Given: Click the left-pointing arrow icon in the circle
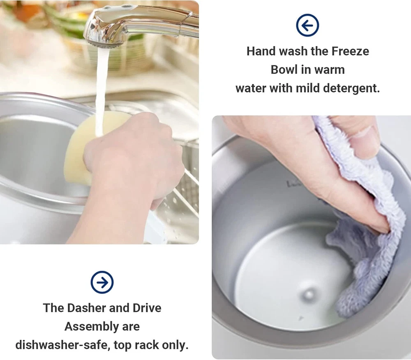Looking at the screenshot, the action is click(x=307, y=25).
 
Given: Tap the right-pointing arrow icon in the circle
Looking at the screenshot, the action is click(x=102, y=282).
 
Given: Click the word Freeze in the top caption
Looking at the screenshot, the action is click(x=350, y=51).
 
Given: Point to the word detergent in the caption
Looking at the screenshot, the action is click(x=351, y=88).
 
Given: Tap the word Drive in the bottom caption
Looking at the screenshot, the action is click(x=147, y=308).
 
